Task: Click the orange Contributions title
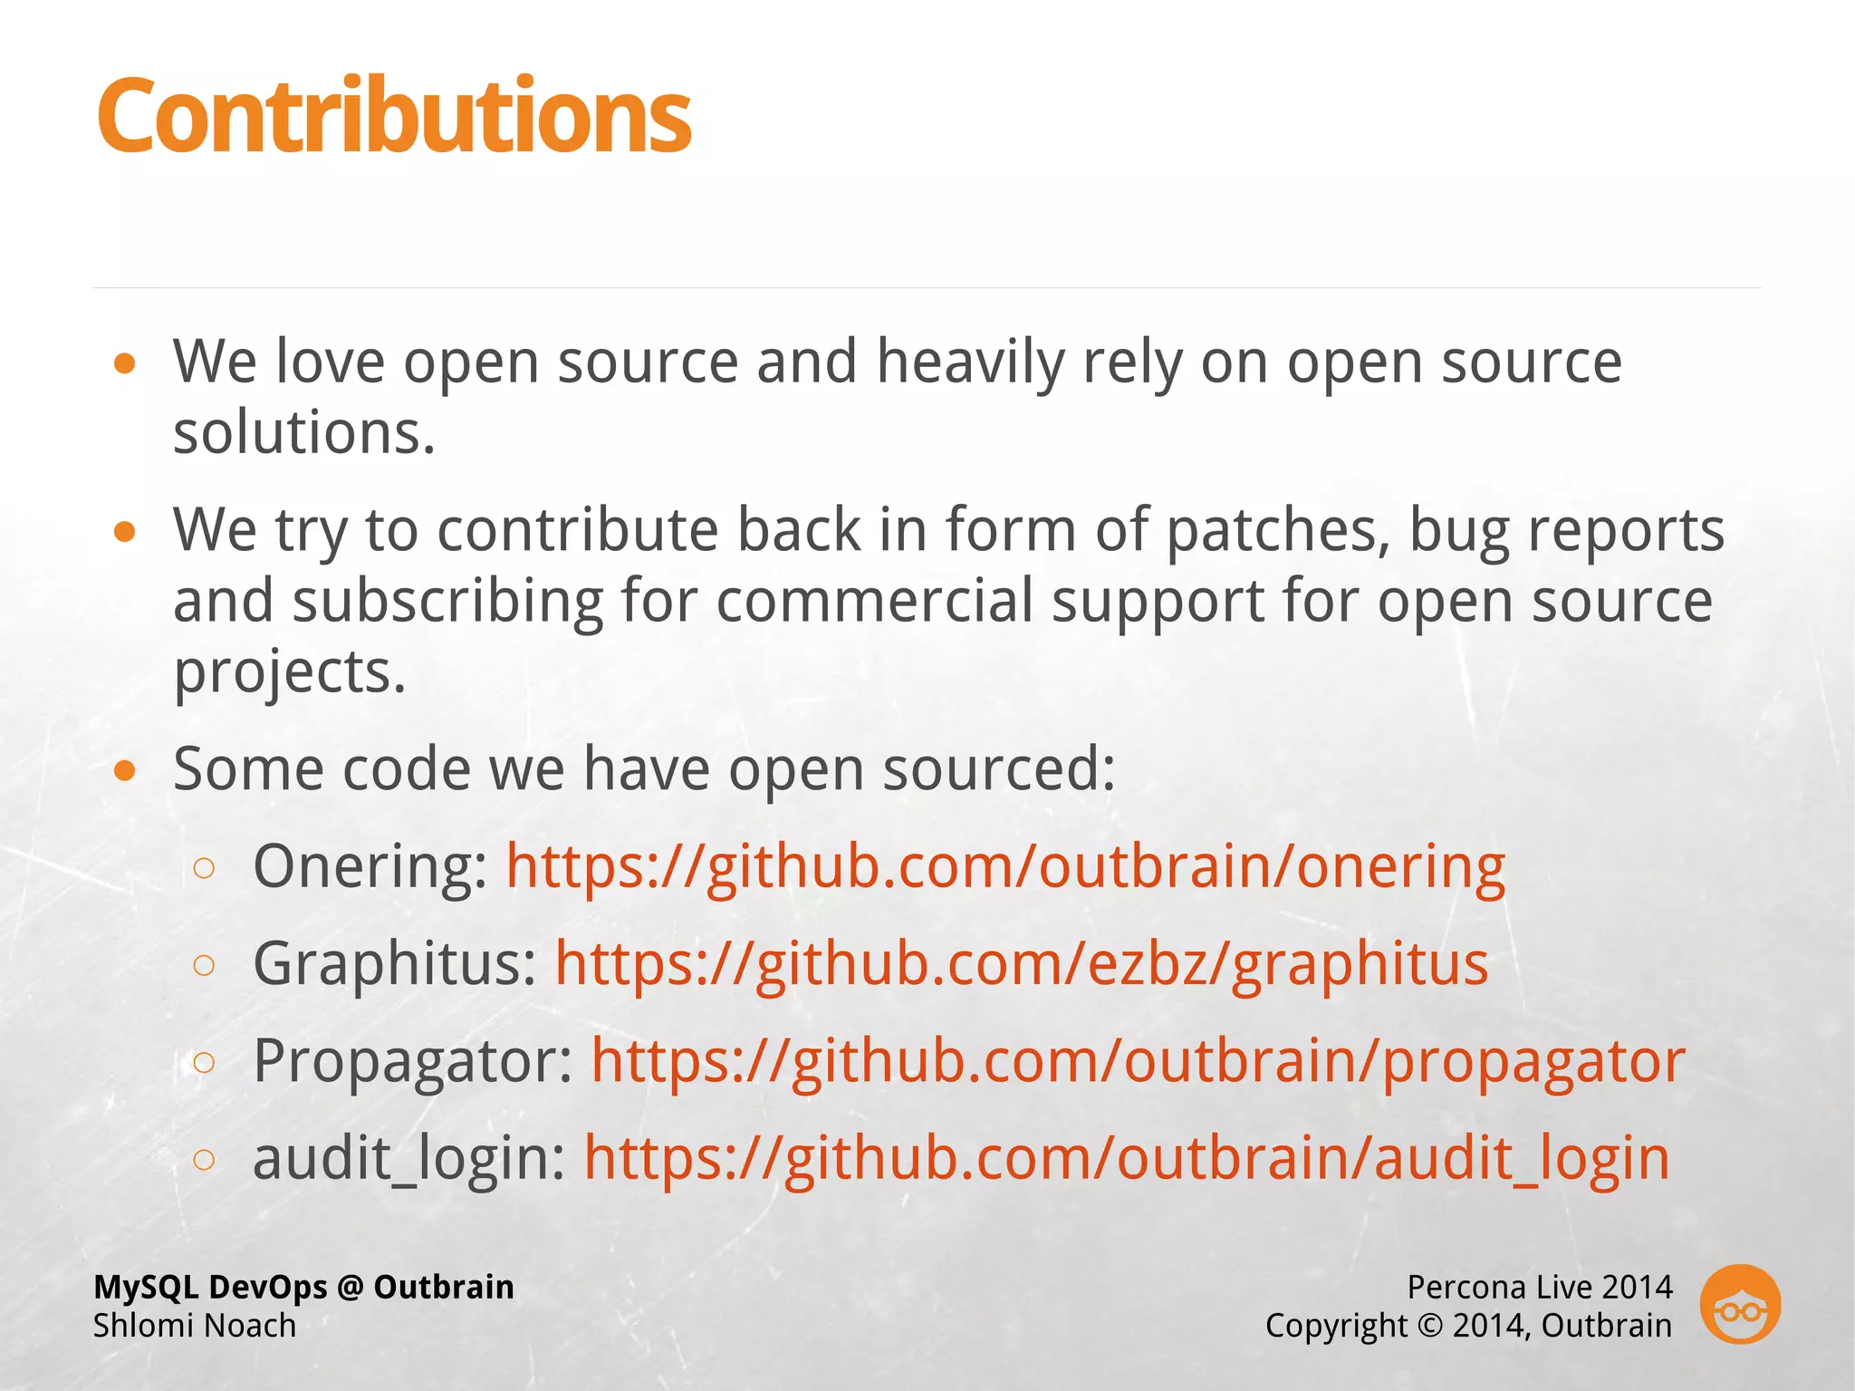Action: [394, 116]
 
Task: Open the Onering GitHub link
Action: [1005, 867]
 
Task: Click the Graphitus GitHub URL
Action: [1021, 963]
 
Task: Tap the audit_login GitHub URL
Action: [1126, 1158]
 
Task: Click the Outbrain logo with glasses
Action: [1739, 1305]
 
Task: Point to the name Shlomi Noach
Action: [195, 1326]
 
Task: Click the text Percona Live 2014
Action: [1539, 1287]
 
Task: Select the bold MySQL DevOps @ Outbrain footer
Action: [303, 1287]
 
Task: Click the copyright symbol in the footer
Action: [1430, 1326]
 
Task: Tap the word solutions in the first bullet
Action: [304, 432]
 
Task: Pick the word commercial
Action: [874, 602]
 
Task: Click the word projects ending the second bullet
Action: [289, 672]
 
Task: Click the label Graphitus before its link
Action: [395, 963]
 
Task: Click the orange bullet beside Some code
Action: [125, 771]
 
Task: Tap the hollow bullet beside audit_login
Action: [205, 1159]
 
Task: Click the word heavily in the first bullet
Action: [970, 362]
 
